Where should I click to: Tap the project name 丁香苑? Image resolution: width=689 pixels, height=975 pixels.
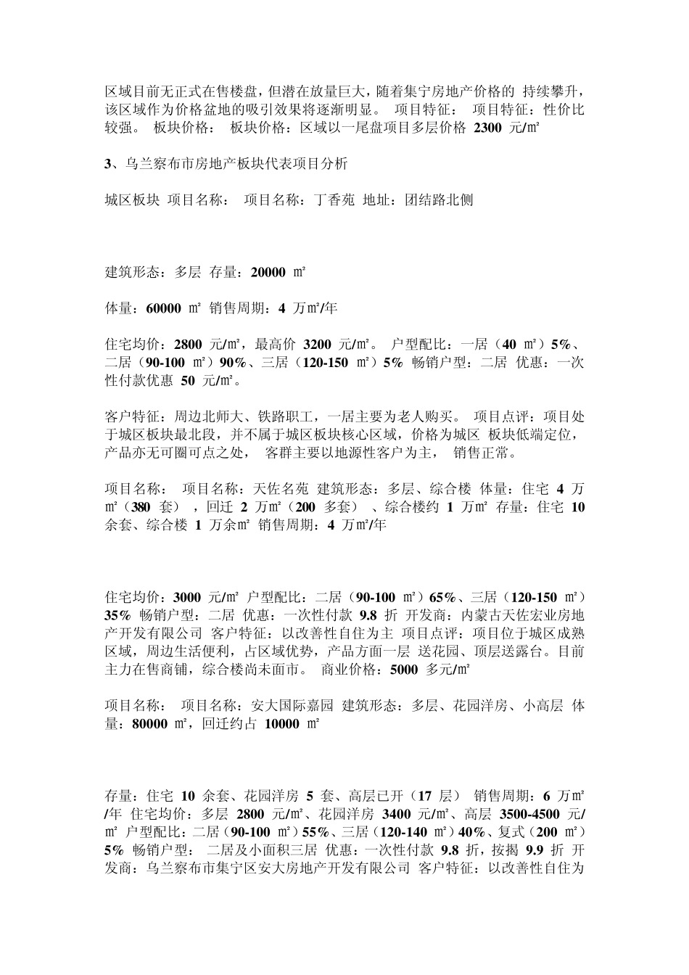point(333,199)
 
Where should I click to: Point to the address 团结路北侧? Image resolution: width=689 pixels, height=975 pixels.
point(439,199)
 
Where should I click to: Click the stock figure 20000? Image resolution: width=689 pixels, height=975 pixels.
point(268,273)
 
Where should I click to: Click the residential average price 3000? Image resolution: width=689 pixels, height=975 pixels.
point(187,597)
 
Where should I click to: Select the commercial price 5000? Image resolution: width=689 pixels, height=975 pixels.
point(403,669)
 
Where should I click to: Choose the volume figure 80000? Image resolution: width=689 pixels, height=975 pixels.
point(151,723)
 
